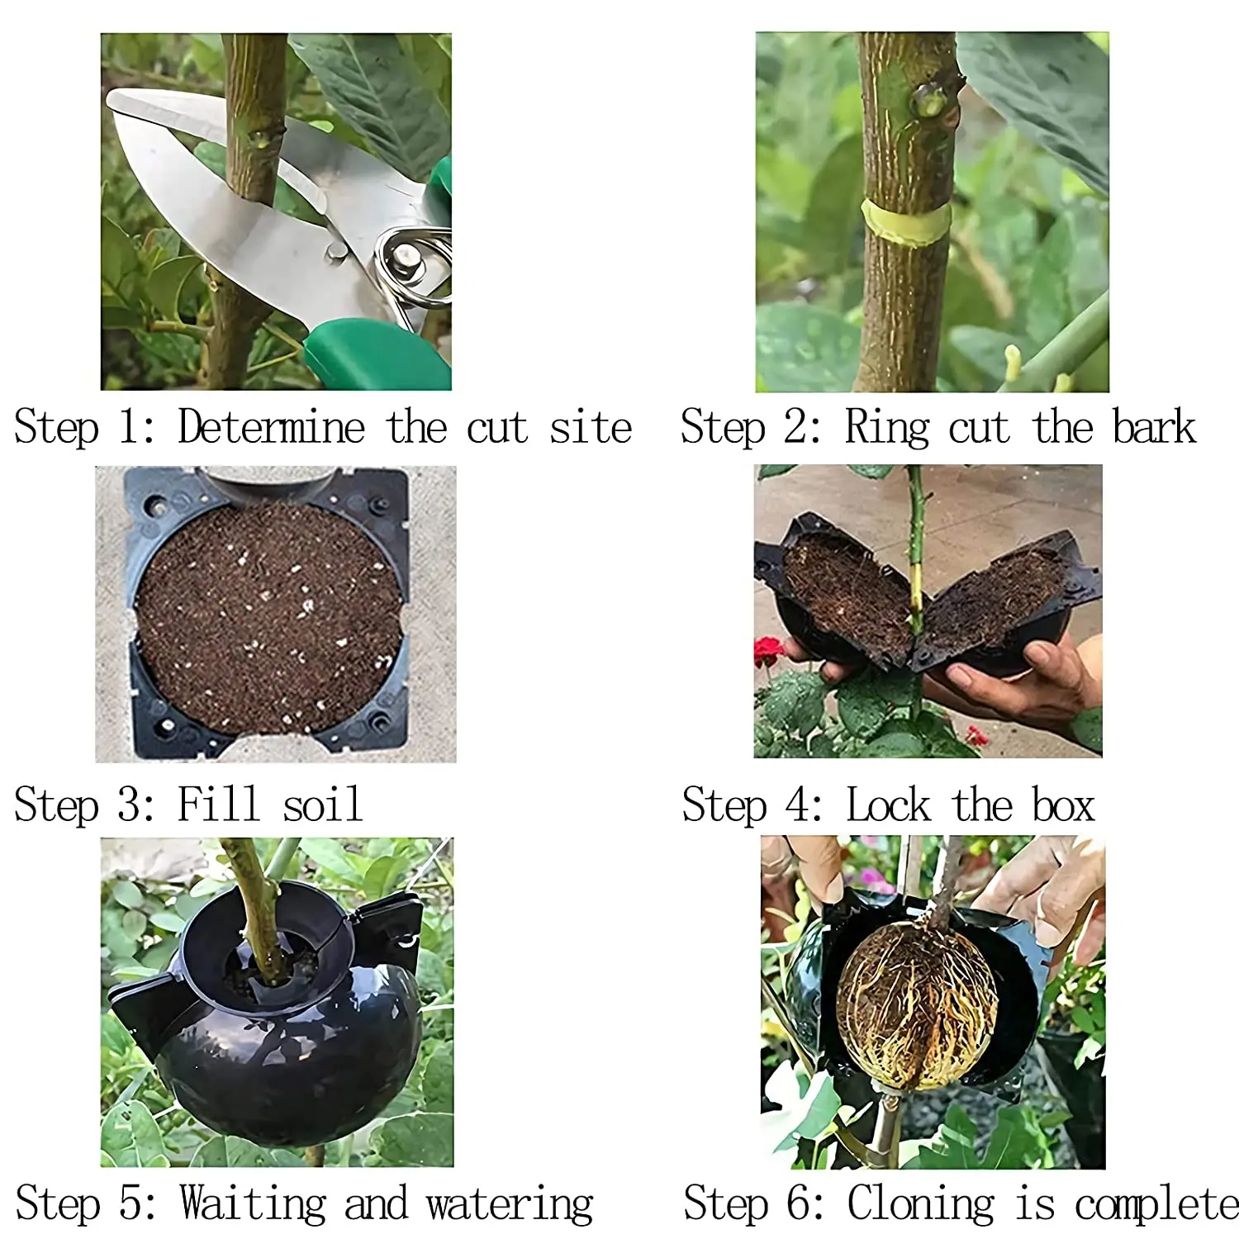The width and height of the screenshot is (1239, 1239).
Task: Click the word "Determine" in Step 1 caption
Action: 271,428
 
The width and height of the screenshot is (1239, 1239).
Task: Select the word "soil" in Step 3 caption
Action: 322,805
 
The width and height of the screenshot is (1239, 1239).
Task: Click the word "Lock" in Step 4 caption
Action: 888,805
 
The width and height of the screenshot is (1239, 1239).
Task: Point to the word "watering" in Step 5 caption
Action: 510,1203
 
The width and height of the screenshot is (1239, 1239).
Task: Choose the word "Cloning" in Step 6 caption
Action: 920,1203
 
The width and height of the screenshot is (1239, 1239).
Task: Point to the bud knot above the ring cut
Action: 931,101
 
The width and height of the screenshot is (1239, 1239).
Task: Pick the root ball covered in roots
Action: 917,1004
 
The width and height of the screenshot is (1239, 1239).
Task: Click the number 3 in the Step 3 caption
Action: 131,805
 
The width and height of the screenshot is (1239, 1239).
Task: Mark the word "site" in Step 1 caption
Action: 590,428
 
